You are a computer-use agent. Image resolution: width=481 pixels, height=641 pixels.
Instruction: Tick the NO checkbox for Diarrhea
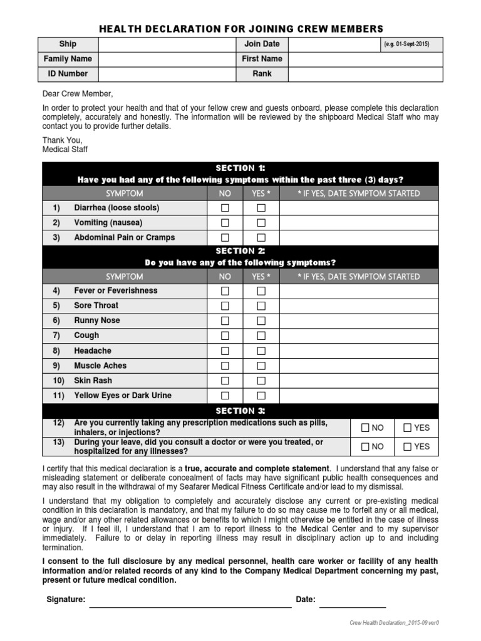click(x=225, y=208)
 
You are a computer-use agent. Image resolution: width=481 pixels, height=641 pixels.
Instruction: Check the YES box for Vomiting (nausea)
click(x=261, y=223)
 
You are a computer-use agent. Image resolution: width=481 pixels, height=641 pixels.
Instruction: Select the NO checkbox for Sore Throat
click(x=225, y=305)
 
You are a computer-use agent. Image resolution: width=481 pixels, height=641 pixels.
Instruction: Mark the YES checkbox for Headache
click(x=261, y=351)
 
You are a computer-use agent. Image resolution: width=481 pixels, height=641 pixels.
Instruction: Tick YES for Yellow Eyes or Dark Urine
click(x=261, y=396)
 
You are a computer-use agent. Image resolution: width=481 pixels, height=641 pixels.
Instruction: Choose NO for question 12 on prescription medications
click(x=365, y=428)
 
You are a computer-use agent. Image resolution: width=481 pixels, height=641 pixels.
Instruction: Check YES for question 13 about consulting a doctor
click(x=407, y=447)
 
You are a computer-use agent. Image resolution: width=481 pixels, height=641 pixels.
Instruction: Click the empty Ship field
click(x=167, y=44)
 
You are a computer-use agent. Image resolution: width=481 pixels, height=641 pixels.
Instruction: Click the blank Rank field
click(x=365, y=74)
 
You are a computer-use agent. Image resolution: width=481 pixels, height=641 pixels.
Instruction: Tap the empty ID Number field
click(x=167, y=74)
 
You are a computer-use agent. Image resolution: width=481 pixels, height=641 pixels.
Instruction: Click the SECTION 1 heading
click(x=240, y=168)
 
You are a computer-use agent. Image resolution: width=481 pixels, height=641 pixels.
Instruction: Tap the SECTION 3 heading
click(x=240, y=411)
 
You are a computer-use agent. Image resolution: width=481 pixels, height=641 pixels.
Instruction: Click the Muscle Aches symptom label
click(x=100, y=366)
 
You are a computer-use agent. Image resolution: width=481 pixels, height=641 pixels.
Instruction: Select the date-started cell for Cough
click(x=359, y=336)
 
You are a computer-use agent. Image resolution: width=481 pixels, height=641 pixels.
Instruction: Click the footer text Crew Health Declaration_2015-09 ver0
click(x=394, y=623)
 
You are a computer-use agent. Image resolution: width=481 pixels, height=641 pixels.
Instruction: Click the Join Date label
click(x=262, y=44)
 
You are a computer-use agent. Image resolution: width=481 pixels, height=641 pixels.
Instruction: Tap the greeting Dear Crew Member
click(x=78, y=94)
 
